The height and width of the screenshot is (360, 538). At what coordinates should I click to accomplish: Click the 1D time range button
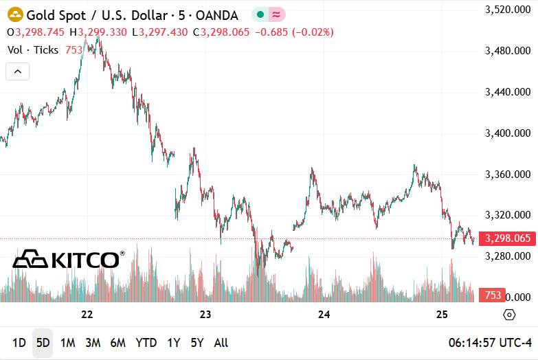tap(19, 343)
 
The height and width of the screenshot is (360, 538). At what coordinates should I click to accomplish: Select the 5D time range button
tap(43, 343)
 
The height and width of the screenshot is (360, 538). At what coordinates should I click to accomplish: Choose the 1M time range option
tap(67, 343)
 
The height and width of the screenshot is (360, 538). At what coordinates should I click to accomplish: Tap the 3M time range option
tap(93, 343)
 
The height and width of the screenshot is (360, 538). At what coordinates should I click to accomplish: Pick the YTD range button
tap(146, 343)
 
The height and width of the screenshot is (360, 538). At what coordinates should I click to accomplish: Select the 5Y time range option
tap(197, 343)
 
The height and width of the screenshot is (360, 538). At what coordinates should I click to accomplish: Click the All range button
tap(221, 343)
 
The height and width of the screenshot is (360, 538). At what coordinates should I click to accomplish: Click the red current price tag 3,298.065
tap(507, 239)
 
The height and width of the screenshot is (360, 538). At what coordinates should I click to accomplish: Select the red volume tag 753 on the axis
tap(492, 295)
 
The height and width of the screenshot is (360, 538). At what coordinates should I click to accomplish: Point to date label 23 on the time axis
tap(205, 315)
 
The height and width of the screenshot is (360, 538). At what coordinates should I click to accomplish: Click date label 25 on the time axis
tap(442, 315)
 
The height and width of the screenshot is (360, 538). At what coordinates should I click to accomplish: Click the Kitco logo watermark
tap(69, 259)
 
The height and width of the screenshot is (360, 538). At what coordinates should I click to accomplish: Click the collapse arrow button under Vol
tap(18, 71)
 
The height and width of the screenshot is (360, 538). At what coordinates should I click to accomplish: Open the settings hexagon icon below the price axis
tap(509, 315)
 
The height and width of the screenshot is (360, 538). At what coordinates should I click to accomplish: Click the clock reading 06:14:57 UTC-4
tap(490, 343)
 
